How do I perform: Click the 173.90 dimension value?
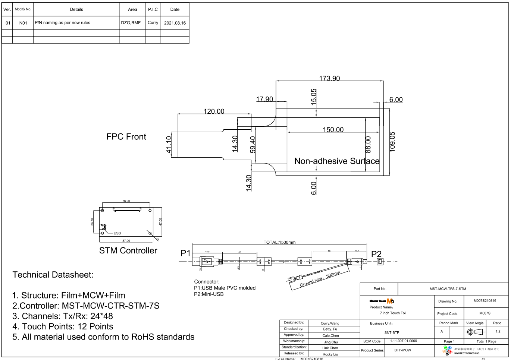click(329, 78)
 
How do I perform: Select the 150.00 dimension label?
click(333, 130)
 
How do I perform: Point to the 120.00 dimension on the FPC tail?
click(214, 111)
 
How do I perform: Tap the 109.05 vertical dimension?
click(392, 141)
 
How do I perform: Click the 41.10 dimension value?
click(169, 144)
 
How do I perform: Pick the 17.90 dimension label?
click(264, 99)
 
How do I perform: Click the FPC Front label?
click(126, 137)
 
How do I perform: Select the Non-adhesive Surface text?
click(337, 161)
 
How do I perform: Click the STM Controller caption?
click(128, 250)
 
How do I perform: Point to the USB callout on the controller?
click(117, 233)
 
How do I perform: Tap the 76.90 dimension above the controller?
click(126, 201)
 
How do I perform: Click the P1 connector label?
click(185, 253)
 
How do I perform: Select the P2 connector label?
click(376, 254)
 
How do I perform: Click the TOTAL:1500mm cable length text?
click(279, 242)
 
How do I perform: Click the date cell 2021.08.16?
click(175, 23)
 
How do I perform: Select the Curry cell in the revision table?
click(153, 23)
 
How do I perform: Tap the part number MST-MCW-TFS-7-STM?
click(448, 289)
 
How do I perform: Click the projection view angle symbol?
click(475, 332)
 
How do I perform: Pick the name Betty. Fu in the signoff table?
click(330, 329)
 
